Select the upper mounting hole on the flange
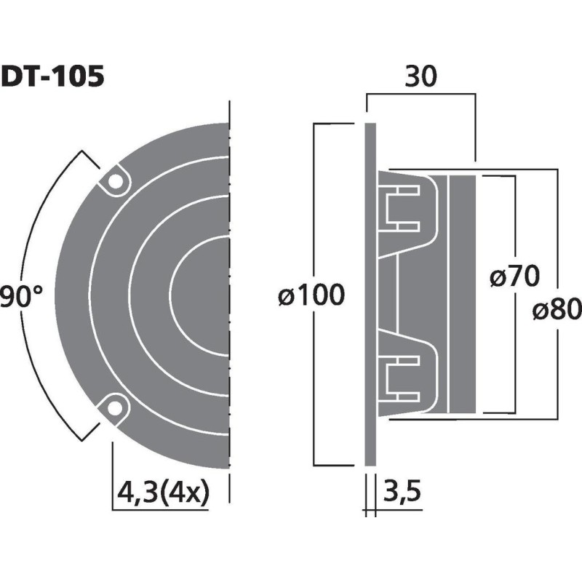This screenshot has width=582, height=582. pos(114,182)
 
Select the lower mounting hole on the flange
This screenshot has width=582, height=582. pos(114,410)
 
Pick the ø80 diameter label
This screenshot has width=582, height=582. pos(556,311)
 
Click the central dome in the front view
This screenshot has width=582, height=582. pos(207,295)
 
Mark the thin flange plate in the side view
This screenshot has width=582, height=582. pos(370,295)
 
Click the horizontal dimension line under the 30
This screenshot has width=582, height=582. pos(422,94)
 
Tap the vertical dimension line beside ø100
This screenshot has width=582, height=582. pos(314,218)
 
